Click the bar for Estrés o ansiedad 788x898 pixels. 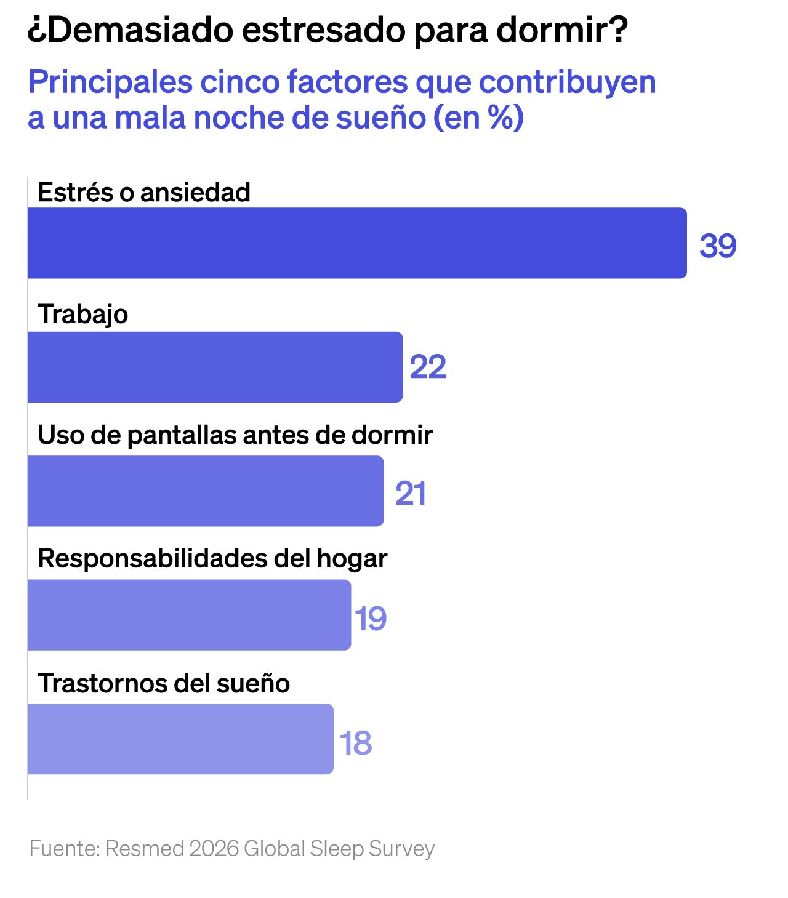[x=357, y=243]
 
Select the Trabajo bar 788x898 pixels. [x=215, y=367]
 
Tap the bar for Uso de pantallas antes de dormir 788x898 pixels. [x=206, y=491]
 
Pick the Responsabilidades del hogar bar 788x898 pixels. [x=189, y=615]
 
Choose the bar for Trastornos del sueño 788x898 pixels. [x=180, y=739]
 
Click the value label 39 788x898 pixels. [x=718, y=246]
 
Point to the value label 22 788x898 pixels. [x=428, y=367]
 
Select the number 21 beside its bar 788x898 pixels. [x=411, y=494]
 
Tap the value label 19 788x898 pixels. [x=371, y=619]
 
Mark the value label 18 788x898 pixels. [x=356, y=743]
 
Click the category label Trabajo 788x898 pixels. [x=83, y=315]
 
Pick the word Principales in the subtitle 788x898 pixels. [x=110, y=82]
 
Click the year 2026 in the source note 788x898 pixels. [x=214, y=849]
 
